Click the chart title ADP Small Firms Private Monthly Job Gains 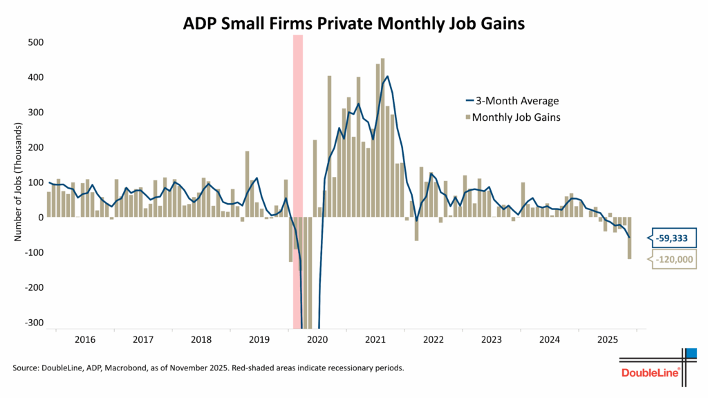353,23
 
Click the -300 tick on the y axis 33,323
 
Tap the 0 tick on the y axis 41,217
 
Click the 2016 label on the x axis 84,339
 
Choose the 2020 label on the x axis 317,339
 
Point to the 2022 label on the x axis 433,339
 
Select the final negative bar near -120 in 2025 630,238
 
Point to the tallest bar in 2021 382,138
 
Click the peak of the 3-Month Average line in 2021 387,76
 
